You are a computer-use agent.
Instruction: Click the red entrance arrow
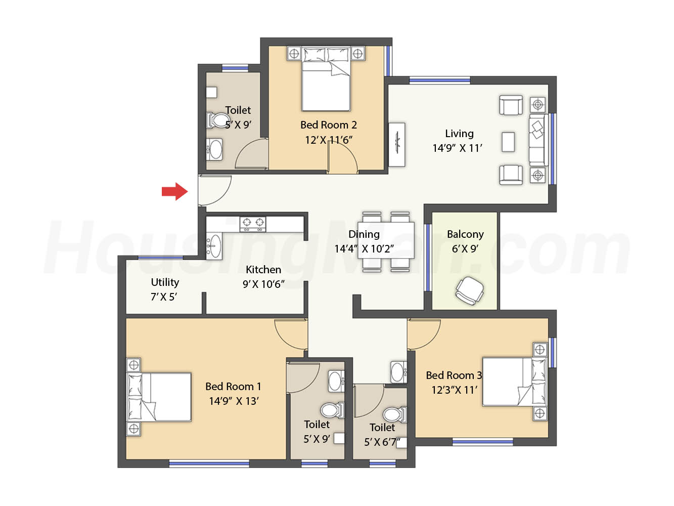[x=174, y=191]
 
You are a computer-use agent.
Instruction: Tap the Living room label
[x=459, y=134]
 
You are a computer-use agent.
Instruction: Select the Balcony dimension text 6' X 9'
[x=465, y=248]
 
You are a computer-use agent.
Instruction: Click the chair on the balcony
[x=469, y=290]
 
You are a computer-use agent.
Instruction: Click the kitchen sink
[x=214, y=245]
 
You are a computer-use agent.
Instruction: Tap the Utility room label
[x=165, y=282]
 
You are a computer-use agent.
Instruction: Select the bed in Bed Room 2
[x=326, y=78]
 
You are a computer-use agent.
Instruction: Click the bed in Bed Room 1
[x=159, y=397]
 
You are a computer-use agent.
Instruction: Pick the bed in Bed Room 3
[x=514, y=381]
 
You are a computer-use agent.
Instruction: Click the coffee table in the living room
[x=508, y=142]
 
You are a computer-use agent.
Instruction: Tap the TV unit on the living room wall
[x=397, y=145]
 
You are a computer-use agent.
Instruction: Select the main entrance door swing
[x=214, y=190]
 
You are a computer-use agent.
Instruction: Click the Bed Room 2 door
[x=342, y=157]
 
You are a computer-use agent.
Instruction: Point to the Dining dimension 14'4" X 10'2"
[x=364, y=248]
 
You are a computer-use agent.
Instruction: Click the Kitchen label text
[x=263, y=269]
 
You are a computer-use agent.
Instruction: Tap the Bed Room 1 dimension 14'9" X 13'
[x=234, y=401]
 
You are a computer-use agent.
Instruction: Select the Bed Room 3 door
[x=424, y=334]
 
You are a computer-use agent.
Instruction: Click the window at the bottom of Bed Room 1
[x=209, y=463]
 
